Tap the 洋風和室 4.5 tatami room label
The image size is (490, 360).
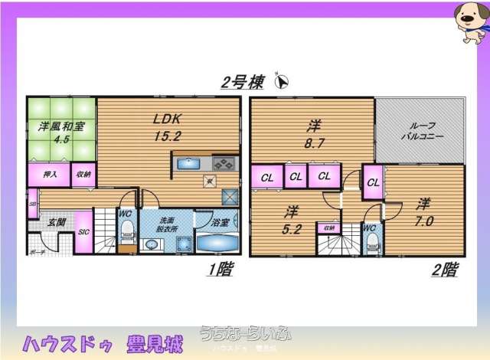pos(51,132)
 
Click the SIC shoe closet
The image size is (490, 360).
pos(83,232)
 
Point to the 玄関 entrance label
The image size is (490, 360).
pos(57,222)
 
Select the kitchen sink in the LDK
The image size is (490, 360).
pos(188,163)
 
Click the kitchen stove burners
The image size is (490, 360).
pos(224,163)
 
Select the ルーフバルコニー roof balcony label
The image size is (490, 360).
pos(420,131)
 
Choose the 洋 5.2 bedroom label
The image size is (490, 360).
pos(291,217)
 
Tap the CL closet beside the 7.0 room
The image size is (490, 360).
pos(373,182)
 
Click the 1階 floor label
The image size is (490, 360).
pos(220,269)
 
